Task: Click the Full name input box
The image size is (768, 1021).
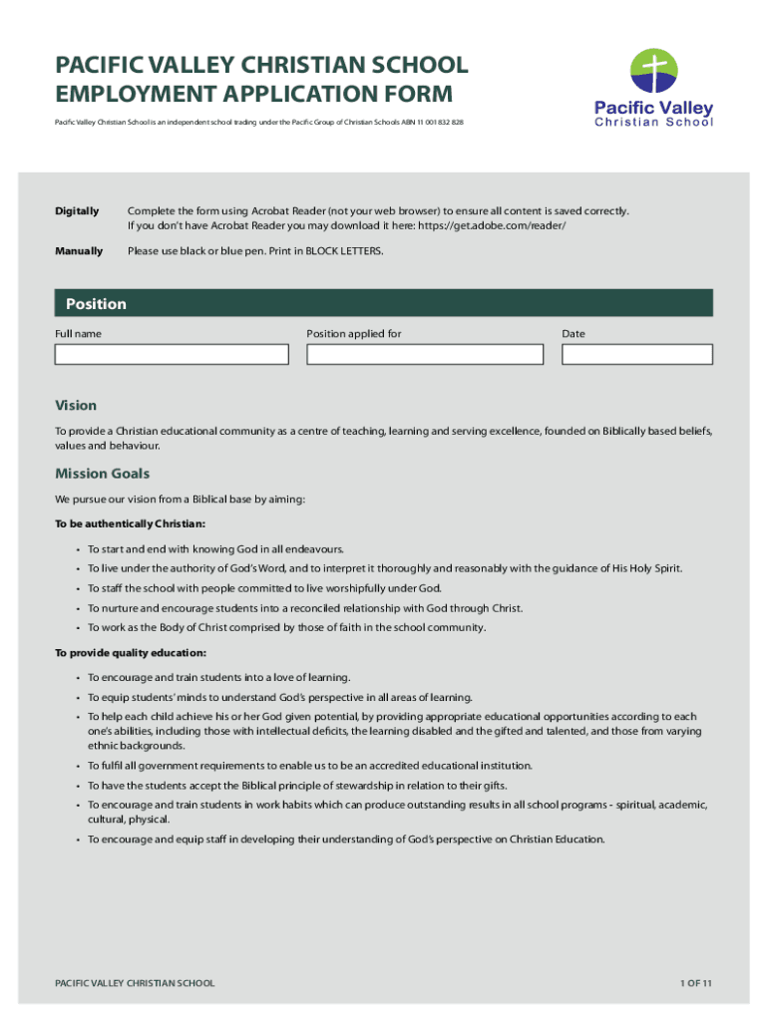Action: pos(172,355)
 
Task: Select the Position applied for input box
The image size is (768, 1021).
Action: pos(425,355)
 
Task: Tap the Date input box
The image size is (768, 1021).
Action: pos(636,355)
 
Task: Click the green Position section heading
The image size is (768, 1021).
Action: pos(97,304)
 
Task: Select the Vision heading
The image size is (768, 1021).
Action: pos(76,406)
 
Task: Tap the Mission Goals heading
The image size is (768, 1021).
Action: pos(102,474)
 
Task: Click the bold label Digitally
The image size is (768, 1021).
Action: pos(77,211)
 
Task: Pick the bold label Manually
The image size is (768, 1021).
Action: pos(79,251)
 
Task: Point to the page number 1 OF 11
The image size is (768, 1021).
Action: pos(696,983)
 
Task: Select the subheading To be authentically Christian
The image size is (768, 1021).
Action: pos(131,523)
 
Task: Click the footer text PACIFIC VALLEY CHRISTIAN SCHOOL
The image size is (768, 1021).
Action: pos(135,983)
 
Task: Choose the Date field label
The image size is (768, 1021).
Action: pos(574,334)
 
